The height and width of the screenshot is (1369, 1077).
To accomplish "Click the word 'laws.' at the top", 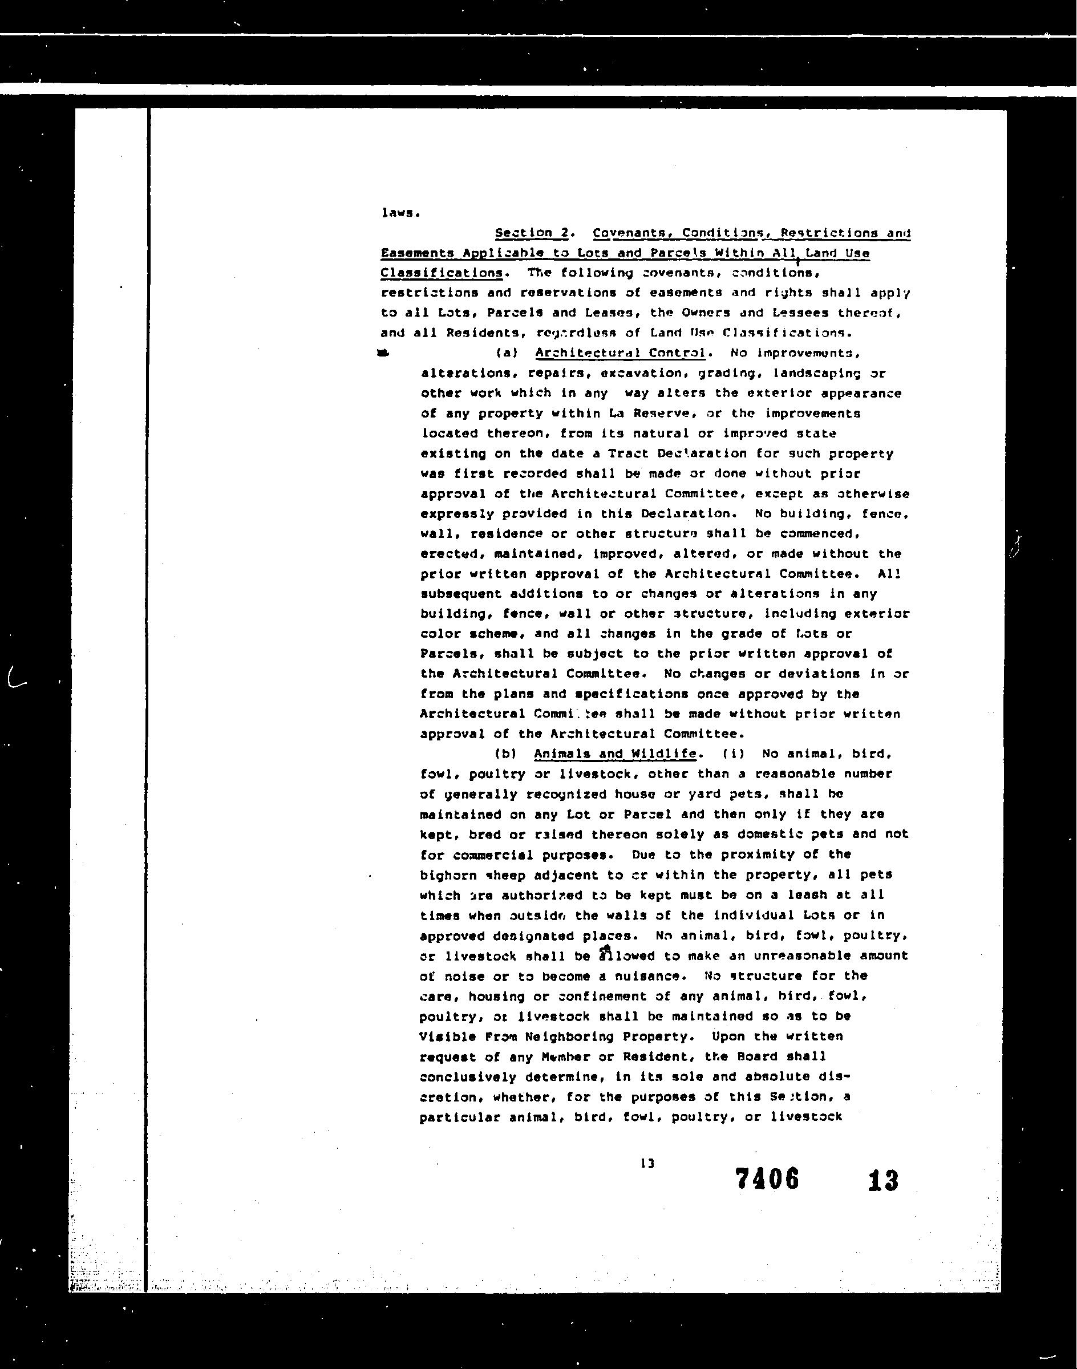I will click(x=400, y=213).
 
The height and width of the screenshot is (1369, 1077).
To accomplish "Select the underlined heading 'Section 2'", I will click(x=533, y=233).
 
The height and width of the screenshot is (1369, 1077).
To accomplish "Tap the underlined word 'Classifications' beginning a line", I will click(x=442, y=273).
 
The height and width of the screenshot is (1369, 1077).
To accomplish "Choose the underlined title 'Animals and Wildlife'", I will click(x=615, y=754).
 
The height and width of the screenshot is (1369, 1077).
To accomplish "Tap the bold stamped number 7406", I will click(x=767, y=1178).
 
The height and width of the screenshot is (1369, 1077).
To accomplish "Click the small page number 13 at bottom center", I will click(x=647, y=1164).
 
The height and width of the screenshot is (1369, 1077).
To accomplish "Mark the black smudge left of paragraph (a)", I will click(x=383, y=353).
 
